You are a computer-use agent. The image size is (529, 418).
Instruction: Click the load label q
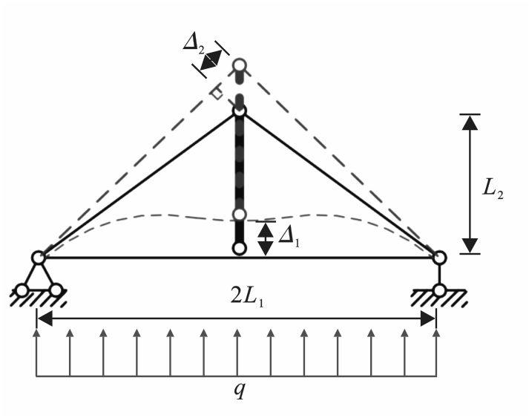point(239,392)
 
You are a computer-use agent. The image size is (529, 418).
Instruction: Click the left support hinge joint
point(38,258)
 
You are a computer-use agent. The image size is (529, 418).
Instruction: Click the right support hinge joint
point(439,258)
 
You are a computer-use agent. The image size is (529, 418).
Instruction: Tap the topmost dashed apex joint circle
point(240,65)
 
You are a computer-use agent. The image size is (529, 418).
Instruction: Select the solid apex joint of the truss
point(240,111)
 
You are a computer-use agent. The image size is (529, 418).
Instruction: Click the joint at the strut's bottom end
point(239,248)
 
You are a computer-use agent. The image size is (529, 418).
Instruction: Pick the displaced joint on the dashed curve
point(239,215)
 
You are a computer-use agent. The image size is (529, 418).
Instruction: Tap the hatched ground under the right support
point(439,298)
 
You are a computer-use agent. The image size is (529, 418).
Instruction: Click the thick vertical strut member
point(239,178)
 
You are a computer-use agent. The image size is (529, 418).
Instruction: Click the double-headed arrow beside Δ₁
point(264,238)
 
